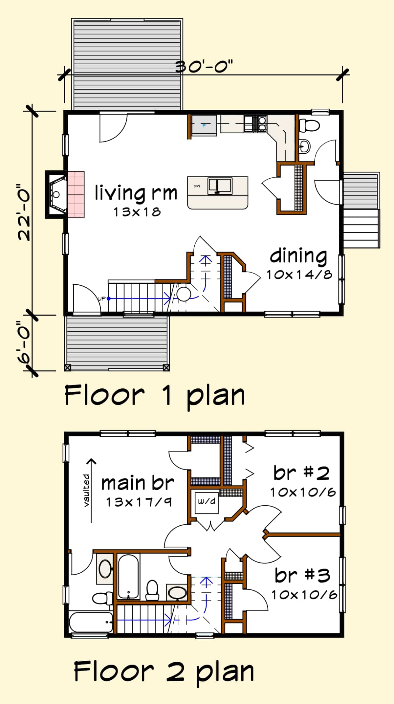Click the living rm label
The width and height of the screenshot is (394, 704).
[136, 193]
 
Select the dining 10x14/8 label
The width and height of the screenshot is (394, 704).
[299, 264]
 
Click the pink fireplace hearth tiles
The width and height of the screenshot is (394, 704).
[76, 194]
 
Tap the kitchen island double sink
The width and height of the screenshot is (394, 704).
[220, 186]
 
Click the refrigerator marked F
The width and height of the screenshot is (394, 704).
[204, 125]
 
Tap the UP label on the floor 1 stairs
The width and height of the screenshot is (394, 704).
[102, 298]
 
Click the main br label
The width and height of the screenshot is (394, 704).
[138, 483]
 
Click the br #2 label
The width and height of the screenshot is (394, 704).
[301, 473]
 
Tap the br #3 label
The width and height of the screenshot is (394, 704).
[302, 575]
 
